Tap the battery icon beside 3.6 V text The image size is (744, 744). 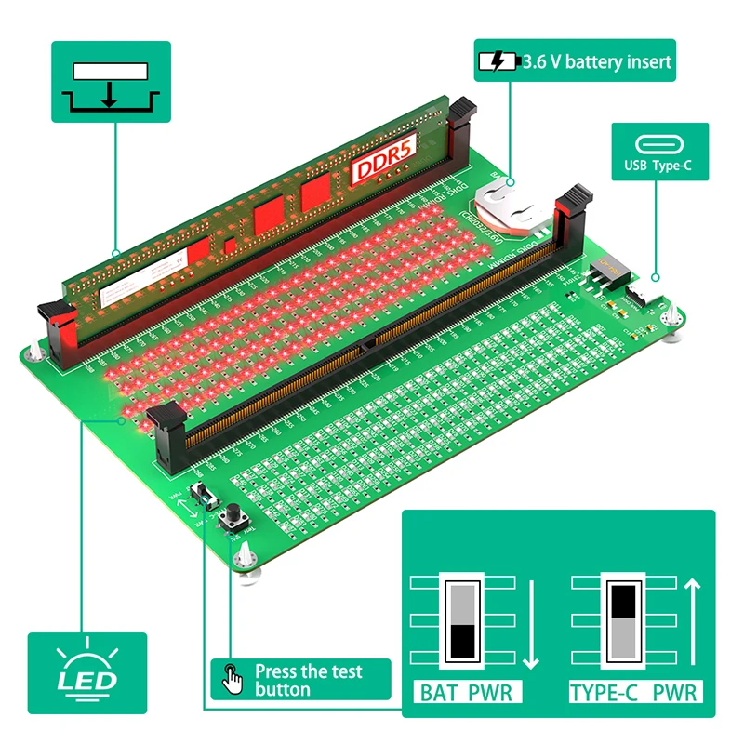[x=496, y=62]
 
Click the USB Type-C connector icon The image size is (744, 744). [x=659, y=145]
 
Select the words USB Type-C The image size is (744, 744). [x=659, y=169]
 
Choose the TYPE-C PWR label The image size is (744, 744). [x=633, y=693]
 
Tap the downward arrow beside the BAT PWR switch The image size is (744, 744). [x=531, y=623]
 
